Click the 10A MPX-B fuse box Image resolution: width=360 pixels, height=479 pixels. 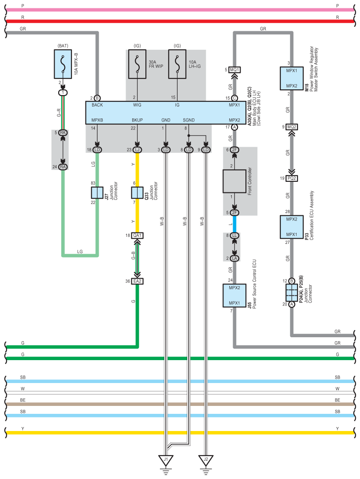63,64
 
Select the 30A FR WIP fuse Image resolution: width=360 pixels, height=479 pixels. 137,64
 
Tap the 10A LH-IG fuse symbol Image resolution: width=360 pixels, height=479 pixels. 177,64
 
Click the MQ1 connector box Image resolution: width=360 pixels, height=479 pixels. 234,70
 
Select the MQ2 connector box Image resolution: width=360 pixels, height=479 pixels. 292,127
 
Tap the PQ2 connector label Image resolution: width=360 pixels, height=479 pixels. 292,178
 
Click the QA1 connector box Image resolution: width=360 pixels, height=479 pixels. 137,235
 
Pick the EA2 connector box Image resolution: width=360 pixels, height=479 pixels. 137,281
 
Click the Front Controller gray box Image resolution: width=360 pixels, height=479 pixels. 234,181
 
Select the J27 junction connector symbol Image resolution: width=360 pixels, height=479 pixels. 97,193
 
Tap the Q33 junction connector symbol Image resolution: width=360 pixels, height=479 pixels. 137,193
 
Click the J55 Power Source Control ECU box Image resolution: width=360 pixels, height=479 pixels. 234,295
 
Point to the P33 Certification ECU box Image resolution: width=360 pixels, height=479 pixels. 292,227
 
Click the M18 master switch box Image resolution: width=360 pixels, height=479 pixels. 292,78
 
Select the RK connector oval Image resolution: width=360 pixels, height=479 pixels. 63,133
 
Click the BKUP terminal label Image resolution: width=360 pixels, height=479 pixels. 137,120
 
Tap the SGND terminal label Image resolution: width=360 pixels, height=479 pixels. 189,120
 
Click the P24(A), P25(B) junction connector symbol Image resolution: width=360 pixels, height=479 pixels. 292,293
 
